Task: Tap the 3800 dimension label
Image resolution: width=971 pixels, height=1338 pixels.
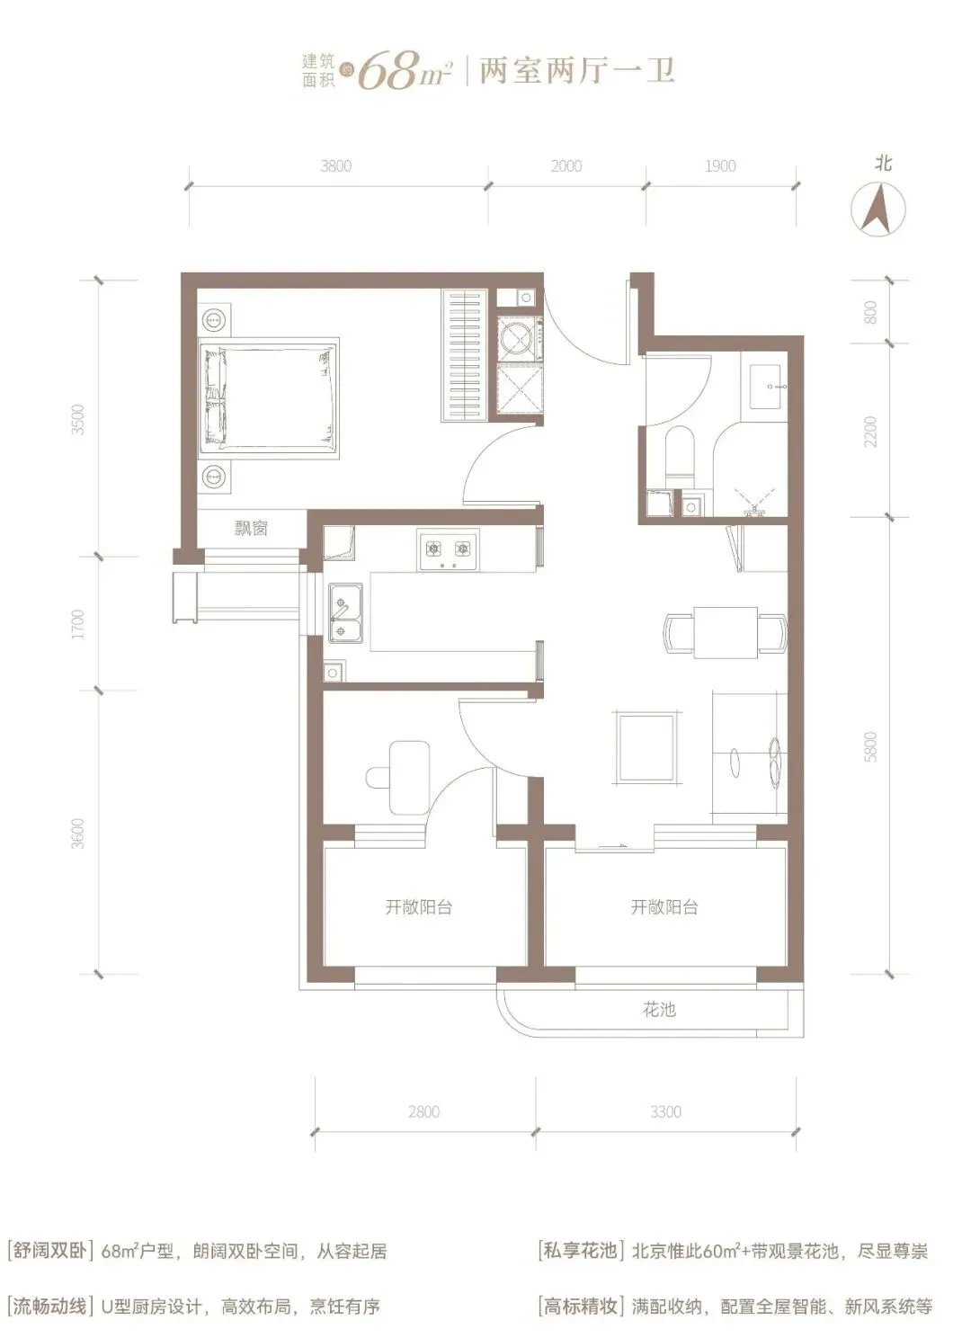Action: [335, 166]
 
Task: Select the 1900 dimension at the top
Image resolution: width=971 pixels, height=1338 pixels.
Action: [719, 166]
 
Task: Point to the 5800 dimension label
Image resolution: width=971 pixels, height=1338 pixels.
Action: [870, 746]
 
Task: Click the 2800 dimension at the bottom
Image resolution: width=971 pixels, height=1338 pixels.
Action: [423, 1111]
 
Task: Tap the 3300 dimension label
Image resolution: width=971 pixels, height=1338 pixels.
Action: [665, 1111]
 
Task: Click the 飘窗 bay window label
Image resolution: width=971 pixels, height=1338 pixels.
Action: [251, 528]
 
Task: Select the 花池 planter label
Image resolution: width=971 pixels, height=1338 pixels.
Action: [659, 1010]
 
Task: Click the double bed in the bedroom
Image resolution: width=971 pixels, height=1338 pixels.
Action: [269, 397]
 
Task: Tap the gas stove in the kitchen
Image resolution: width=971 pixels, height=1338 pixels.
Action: [449, 550]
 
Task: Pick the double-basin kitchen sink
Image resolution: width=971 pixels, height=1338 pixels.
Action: [345, 613]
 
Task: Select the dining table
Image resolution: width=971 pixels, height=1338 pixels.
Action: [726, 632]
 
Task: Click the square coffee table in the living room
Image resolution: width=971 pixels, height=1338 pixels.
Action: [647, 748]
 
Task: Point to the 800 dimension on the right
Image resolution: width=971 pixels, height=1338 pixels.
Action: [870, 312]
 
